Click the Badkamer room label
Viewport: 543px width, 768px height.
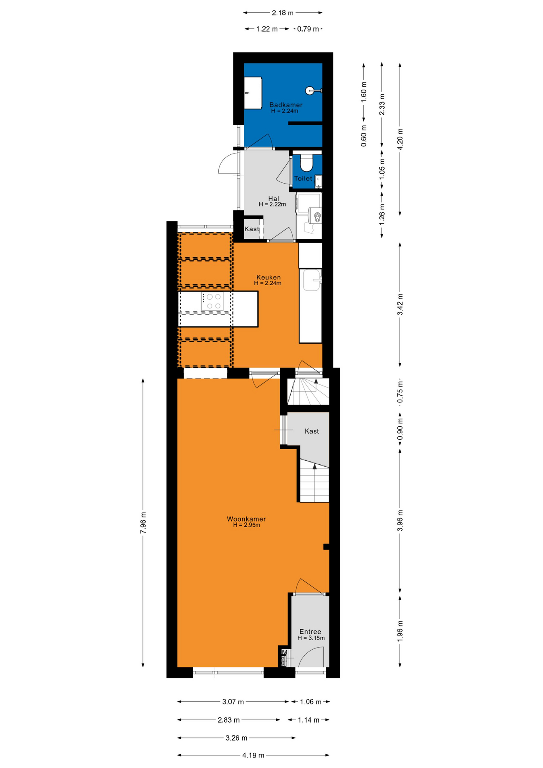point(285,105)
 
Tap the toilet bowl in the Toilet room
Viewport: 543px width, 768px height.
point(307,163)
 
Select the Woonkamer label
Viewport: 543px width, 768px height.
point(246,519)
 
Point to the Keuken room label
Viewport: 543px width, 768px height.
point(268,277)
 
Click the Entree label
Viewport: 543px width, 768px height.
point(310,632)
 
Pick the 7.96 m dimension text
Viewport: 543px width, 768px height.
point(143,522)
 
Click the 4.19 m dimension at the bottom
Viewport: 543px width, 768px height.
point(253,755)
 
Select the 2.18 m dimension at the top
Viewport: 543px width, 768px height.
point(283,13)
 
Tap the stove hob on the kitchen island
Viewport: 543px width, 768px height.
point(212,301)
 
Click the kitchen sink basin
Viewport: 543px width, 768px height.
point(311,280)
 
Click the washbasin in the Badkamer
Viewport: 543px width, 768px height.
point(253,93)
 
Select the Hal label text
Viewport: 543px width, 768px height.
point(273,199)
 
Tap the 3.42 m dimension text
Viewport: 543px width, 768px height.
point(400,304)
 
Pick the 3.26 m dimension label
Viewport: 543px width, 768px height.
point(236,738)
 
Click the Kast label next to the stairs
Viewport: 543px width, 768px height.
point(312,431)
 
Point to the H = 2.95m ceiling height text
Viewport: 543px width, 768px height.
point(247,525)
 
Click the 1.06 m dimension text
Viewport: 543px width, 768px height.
point(311,702)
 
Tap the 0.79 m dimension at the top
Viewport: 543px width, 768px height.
point(308,29)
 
